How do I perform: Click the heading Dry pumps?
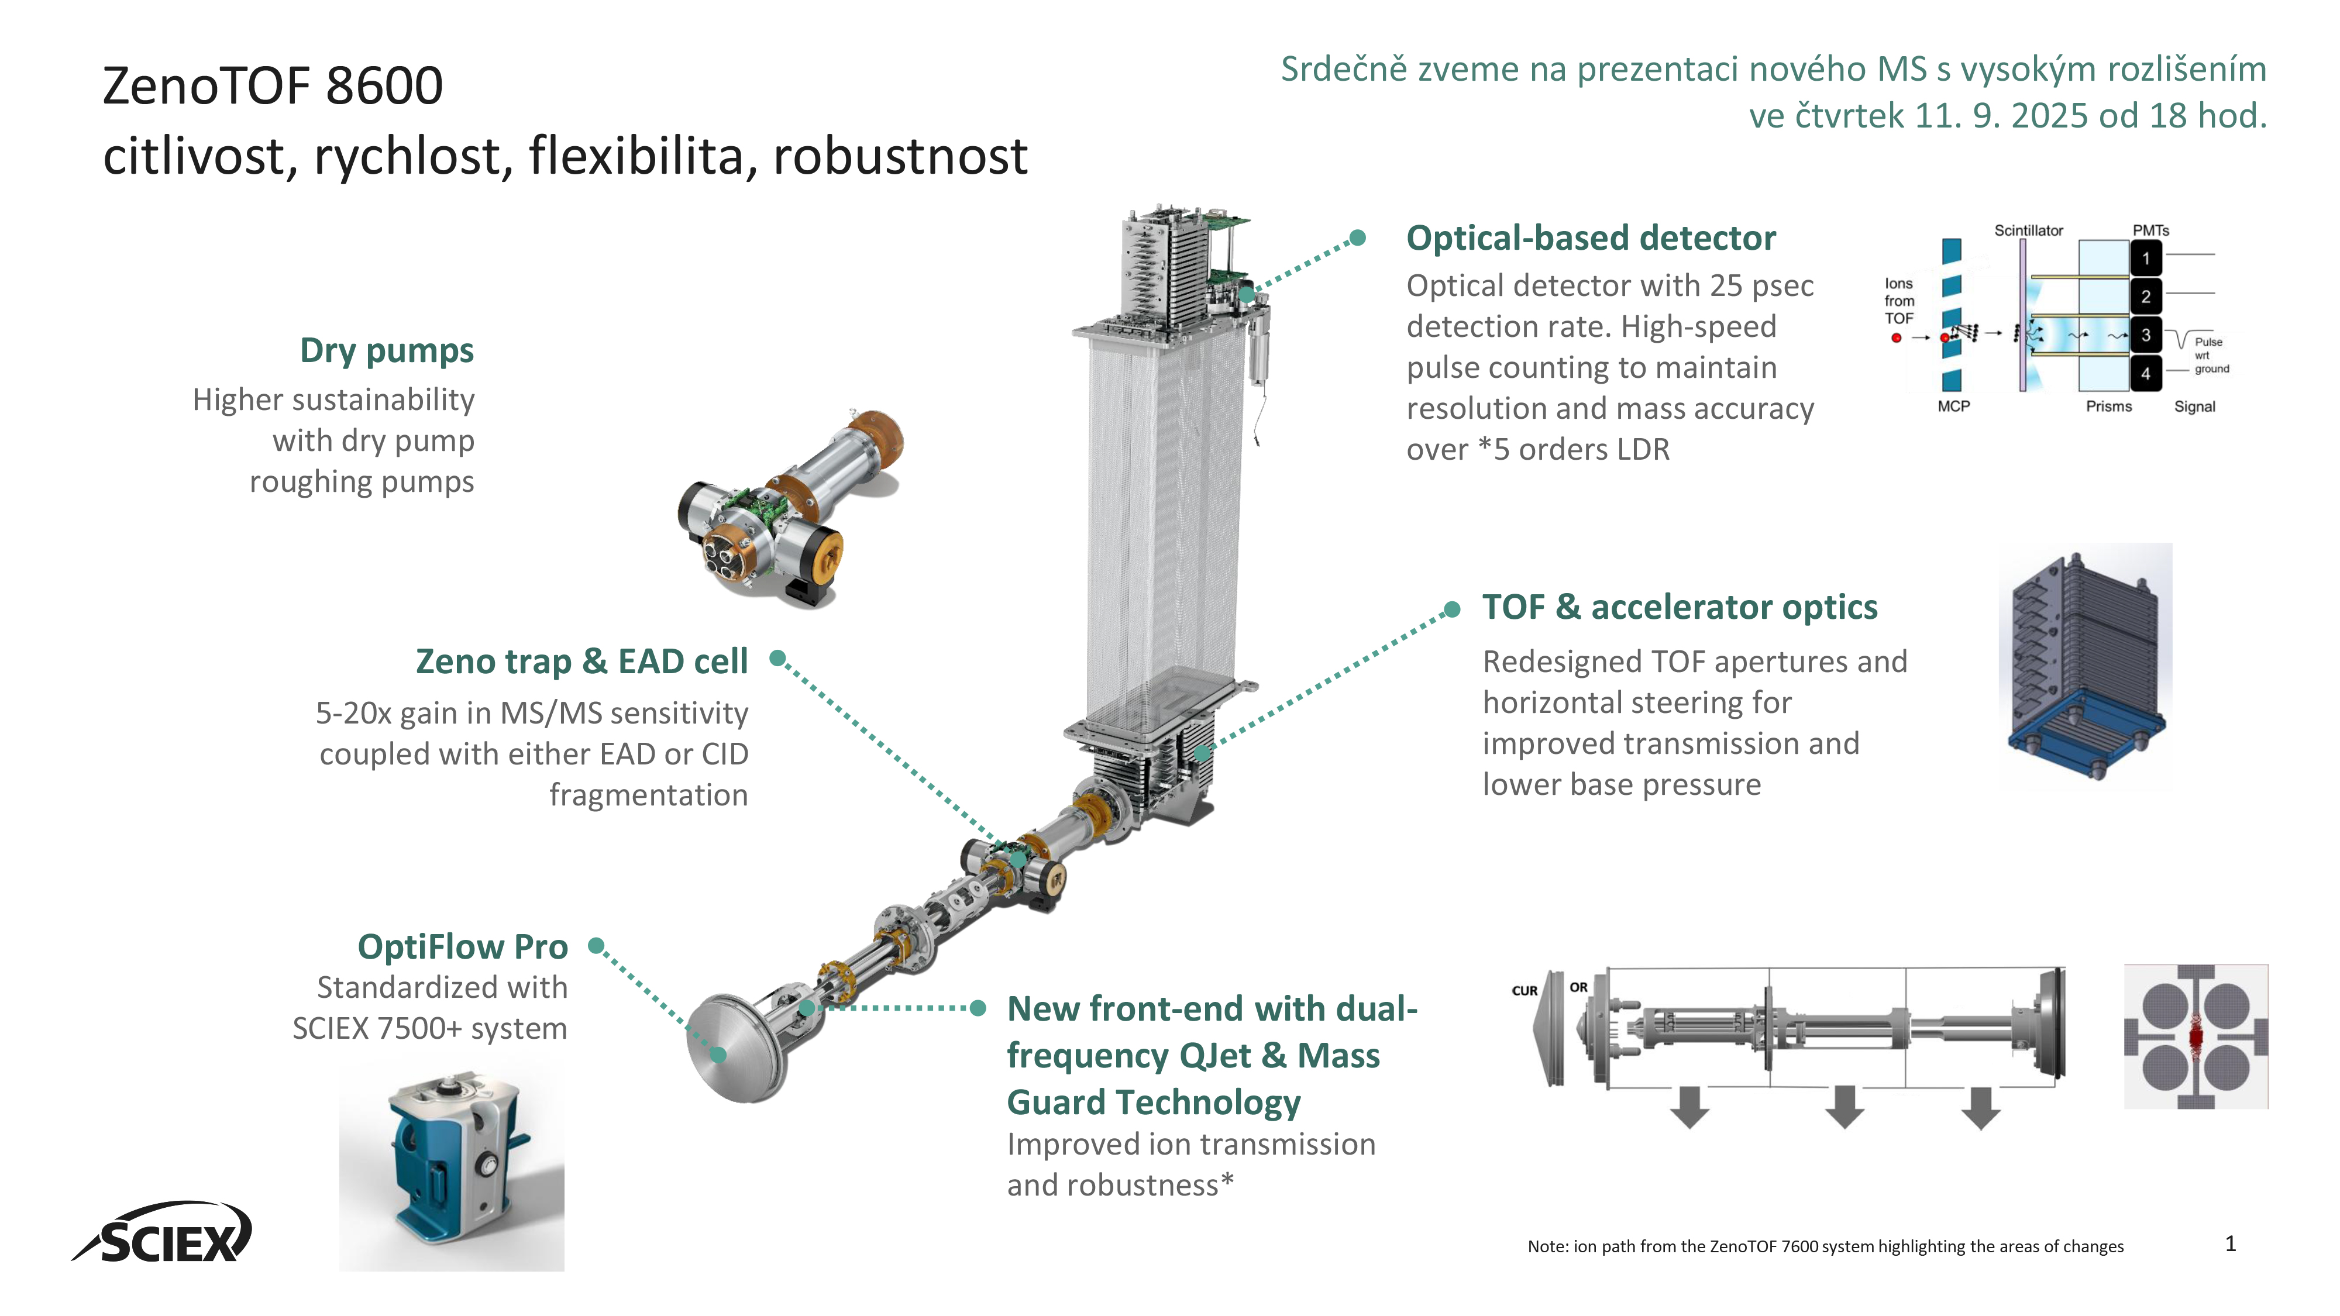click(x=386, y=350)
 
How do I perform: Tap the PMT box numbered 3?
click(x=2146, y=335)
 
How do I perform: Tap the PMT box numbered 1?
click(x=2146, y=259)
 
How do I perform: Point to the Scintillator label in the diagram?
click(x=2028, y=230)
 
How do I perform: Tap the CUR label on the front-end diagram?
click(x=1525, y=991)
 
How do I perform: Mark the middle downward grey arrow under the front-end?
click(x=1844, y=1106)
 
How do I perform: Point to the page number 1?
click(x=2230, y=1243)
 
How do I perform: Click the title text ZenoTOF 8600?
click(x=273, y=87)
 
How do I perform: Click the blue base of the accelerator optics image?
click(x=2085, y=726)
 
